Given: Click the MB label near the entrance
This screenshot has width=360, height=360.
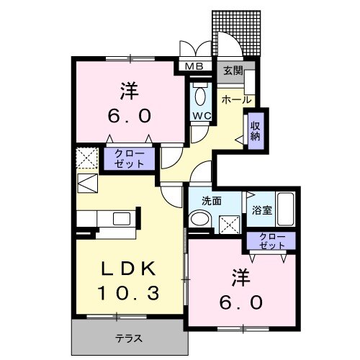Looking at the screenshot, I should [194, 67].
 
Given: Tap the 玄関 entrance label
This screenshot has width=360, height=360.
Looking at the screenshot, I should [232, 71].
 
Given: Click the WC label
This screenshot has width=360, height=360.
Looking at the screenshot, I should [199, 114].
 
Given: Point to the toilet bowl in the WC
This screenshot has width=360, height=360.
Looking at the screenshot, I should [199, 95].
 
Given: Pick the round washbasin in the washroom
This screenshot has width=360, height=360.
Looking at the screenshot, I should [200, 220].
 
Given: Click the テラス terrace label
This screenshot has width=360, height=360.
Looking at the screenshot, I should [128, 338].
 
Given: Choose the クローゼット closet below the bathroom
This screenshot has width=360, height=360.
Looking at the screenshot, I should [269, 241].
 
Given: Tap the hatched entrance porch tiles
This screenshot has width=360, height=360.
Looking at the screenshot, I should [235, 33].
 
